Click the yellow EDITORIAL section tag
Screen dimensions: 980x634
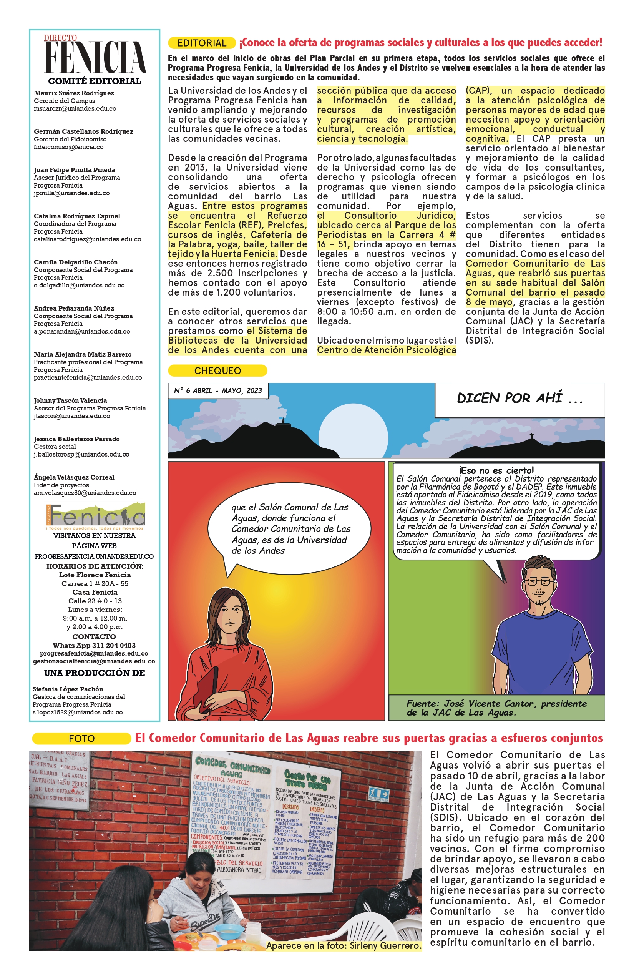point(201,43)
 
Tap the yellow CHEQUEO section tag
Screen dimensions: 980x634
point(217,370)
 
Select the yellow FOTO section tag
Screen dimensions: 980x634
point(81,738)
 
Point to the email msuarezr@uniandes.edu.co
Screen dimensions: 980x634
point(75,109)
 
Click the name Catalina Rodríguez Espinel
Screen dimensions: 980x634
point(77,216)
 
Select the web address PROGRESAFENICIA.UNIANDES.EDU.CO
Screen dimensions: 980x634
point(94,556)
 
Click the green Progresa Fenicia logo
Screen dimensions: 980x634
point(96,515)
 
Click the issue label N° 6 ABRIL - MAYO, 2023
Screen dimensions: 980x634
point(218,390)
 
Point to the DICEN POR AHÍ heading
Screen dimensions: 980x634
point(519,398)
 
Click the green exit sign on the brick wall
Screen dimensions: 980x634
point(378,793)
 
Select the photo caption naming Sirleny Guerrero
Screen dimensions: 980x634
point(344,945)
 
